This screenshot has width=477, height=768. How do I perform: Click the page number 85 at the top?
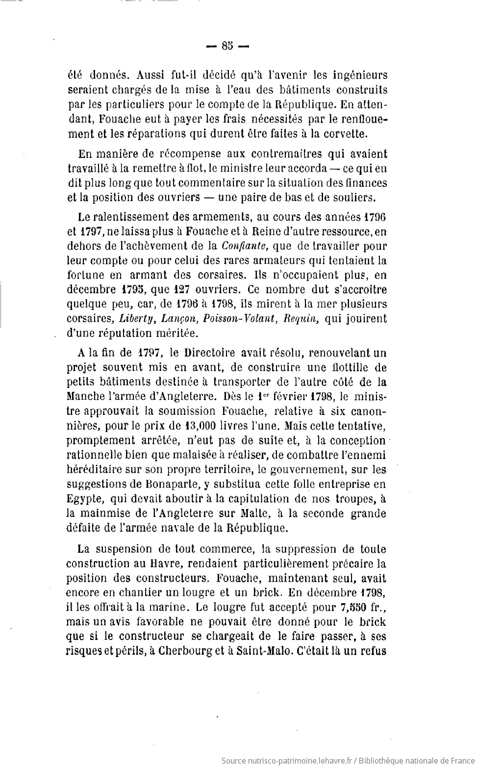click(227, 46)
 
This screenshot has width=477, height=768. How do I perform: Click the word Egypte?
click(84, 499)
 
